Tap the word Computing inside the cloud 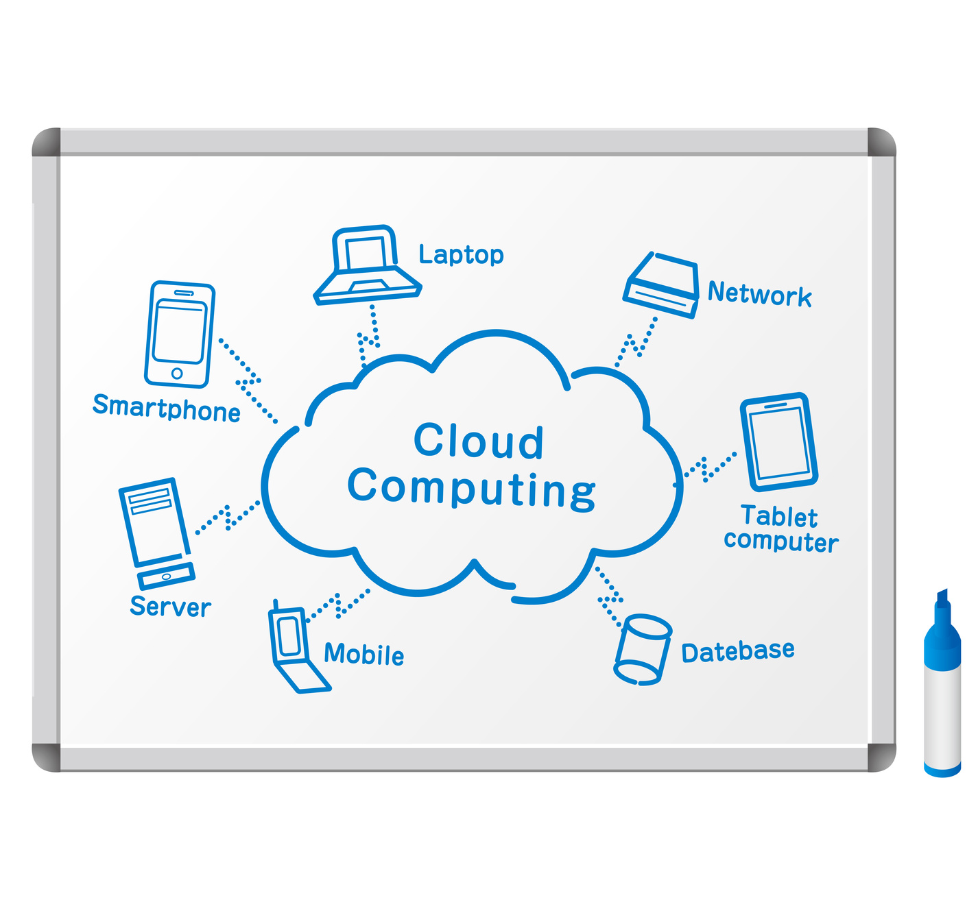472,488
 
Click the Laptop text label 461,255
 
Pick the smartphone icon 180,334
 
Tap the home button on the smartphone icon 177,374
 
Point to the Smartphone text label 167,408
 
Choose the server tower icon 156,532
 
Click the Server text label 170,607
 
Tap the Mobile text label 364,655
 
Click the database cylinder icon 642,650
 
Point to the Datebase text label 738,651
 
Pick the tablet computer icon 779,441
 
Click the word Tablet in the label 779,516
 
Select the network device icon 661,285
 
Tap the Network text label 760,294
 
